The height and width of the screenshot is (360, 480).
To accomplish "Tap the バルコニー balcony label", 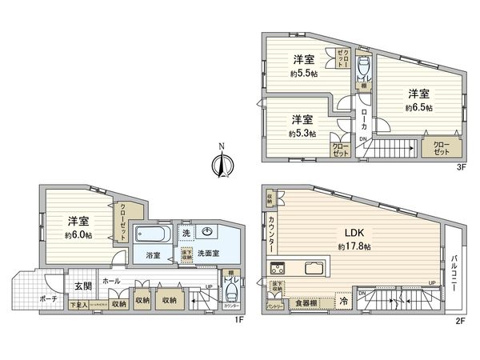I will [x=454, y=269].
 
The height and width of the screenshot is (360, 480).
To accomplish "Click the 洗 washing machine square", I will [x=185, y=233].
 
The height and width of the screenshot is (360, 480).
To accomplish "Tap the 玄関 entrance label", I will [x=84, y=285].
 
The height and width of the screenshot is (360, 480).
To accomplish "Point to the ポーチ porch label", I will [x=30, y=297].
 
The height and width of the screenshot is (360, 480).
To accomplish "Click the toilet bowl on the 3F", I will [x=362, y=66].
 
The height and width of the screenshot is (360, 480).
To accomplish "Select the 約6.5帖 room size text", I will [x=418, y=107].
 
